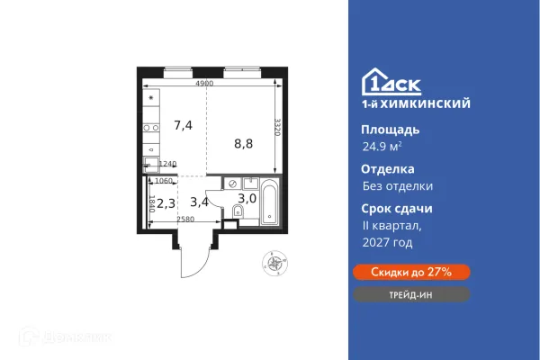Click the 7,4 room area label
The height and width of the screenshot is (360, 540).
(x=183, y=125)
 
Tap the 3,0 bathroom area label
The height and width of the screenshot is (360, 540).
(x=246, y=198)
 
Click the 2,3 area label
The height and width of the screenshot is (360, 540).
(x=165, y=203)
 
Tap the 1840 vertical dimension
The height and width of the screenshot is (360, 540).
(x=154, y=203)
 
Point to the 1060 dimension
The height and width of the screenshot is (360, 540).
(x=163, y=179)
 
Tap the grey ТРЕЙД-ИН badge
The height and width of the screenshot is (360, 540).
(x=409, y=294)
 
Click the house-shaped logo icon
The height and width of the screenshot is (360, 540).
(x=372, y=81)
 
